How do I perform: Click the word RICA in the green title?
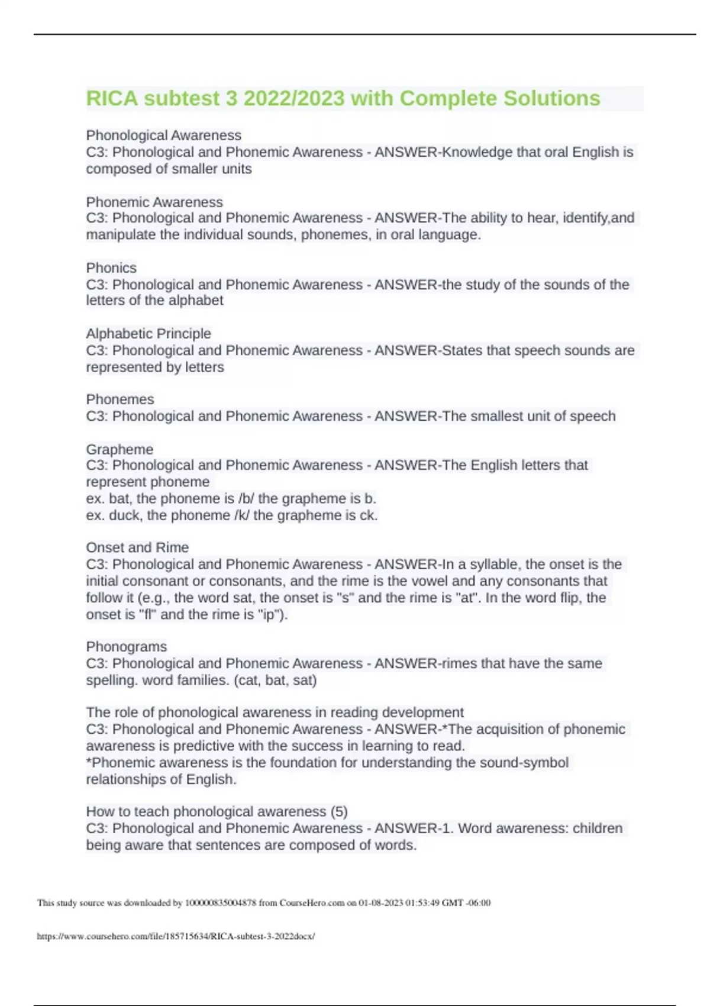point(112,98)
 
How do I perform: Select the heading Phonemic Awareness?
point(154,202)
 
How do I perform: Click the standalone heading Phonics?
point(111,267)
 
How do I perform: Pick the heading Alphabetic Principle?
point(149,333)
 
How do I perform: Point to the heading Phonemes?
point(120,399)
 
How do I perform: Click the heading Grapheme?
point(120,449)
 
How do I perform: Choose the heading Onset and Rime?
point(137,547)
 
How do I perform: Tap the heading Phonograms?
point(127,646)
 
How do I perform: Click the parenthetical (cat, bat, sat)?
point(276,680)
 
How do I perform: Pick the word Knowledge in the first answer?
point(477,152)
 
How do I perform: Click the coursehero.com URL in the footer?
point(176,936)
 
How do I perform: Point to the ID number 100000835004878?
point(221,903)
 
